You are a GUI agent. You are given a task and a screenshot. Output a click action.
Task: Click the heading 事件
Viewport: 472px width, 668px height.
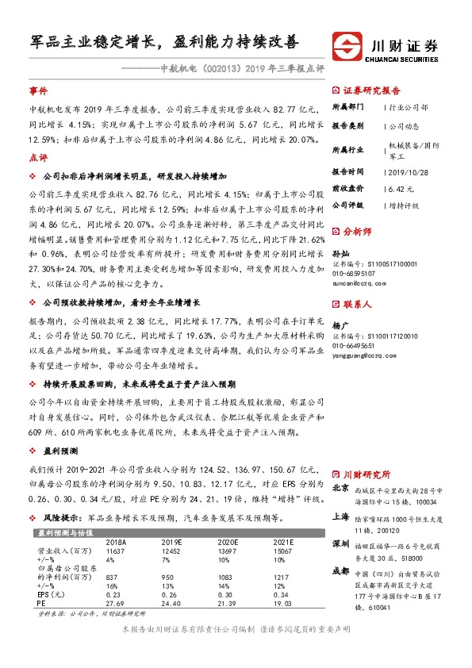tap(39, 91)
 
